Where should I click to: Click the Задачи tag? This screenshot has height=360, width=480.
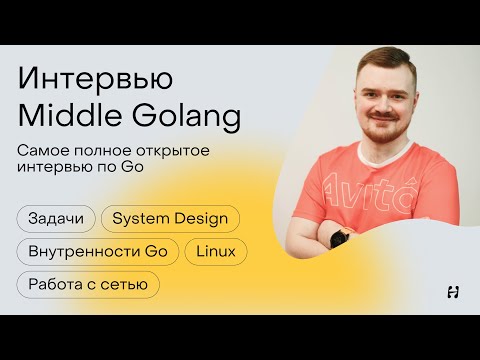57,218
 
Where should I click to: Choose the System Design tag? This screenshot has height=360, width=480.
170,218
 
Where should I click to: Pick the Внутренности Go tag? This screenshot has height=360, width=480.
97,251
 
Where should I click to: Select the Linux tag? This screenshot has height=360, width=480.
215,251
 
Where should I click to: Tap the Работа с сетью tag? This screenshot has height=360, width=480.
88,284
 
